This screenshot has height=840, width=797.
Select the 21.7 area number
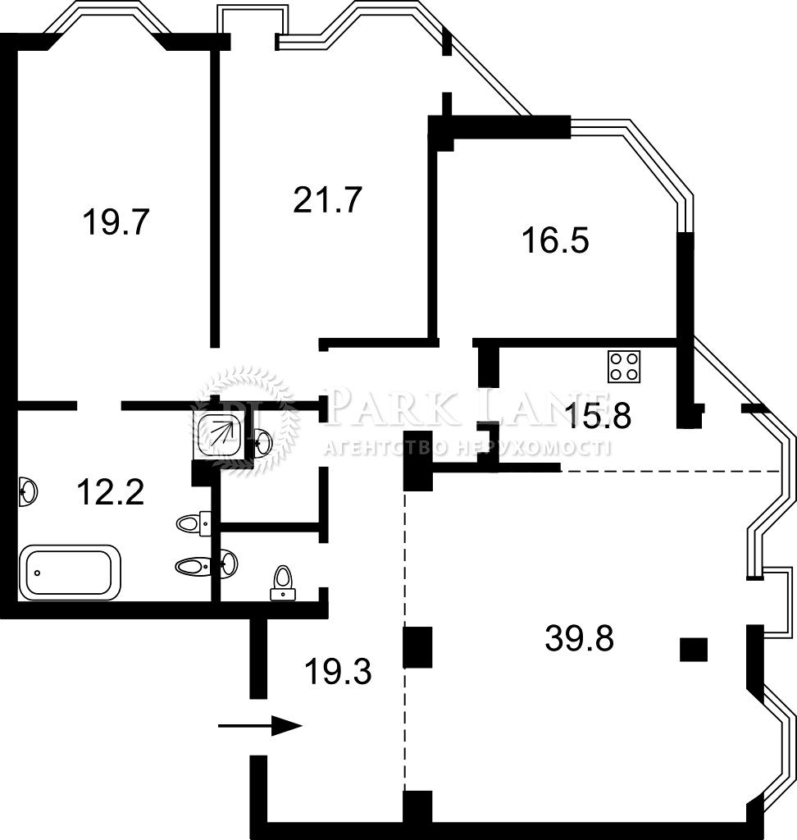coord(328,200)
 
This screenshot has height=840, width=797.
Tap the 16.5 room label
coord(555,240)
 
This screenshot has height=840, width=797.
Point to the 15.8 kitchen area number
coord(599,415)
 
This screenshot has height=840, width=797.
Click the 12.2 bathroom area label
coord(111,492)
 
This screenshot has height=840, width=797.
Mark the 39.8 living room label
coord(580,637)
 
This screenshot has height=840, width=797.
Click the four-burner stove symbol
coord(624,367)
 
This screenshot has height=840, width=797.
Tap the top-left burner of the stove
coord(617,358)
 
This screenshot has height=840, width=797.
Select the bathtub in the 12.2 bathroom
coord(70,573)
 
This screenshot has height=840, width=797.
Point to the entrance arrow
coord(260,726)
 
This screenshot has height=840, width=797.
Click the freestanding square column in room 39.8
coord(694,650)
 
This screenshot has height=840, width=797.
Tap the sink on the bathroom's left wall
coord(28,491)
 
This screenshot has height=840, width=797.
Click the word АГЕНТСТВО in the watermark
coord(385,448)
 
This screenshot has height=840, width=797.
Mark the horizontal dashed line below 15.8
coord(671,472)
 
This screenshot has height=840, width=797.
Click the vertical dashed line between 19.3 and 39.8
coord(405,641)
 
